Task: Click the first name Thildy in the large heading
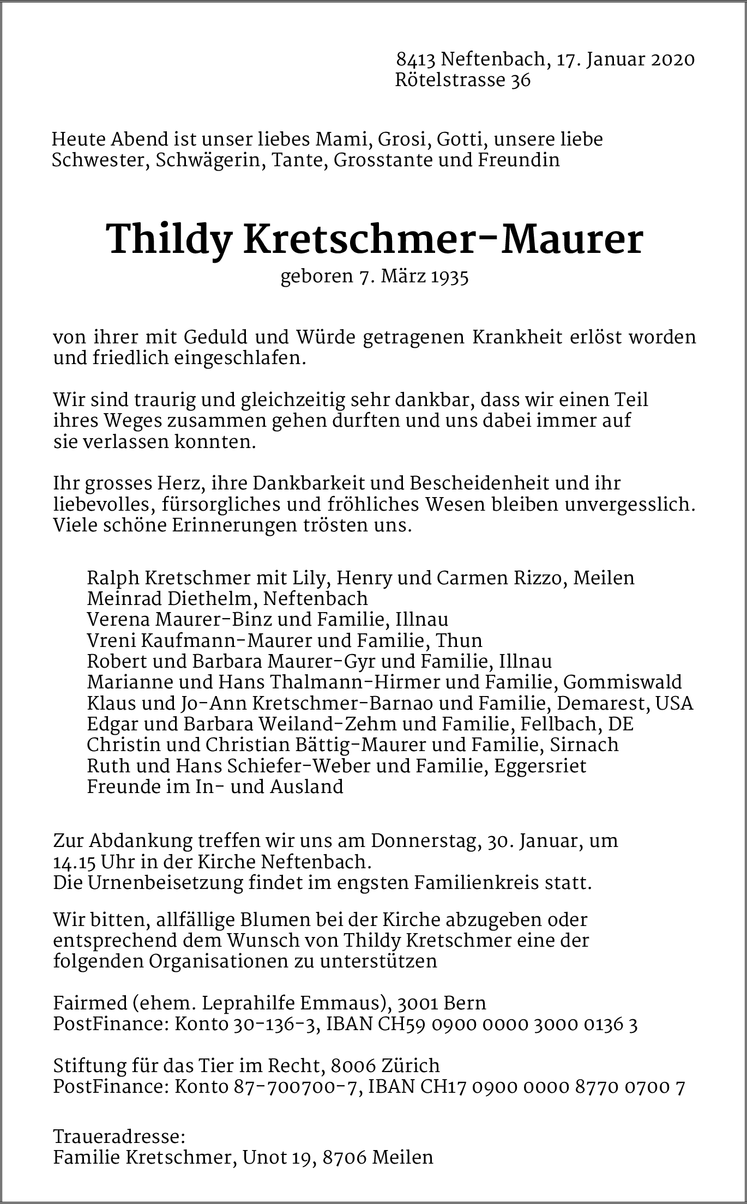tap(170, 239)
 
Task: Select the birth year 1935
tap(450, 277)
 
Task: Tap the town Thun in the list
tap(462, 640)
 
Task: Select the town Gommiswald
tap(622, 682)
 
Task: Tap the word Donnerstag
tap(426, 841)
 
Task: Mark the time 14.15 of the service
tap(73, 862)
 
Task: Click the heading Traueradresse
tap(119, 1137)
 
